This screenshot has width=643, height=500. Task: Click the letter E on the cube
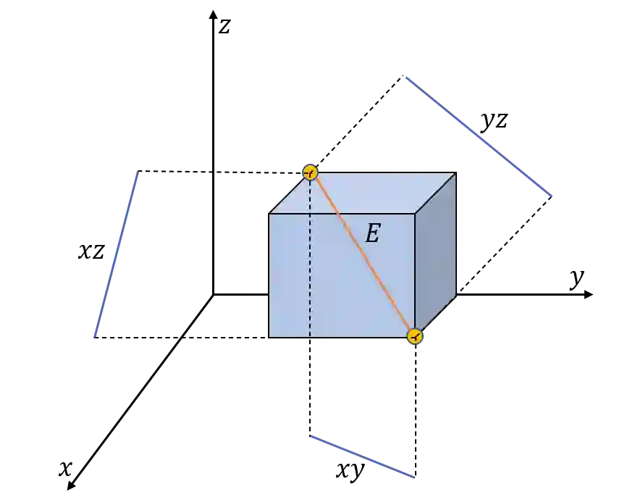coord(372,233)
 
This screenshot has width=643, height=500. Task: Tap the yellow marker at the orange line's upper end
coord(310,172)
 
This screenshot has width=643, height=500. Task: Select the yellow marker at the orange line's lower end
coord(414,336)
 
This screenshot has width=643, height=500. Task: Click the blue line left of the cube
coord(116,254)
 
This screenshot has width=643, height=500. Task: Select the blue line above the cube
coord(480,136)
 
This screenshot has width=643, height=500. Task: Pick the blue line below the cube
coord(362,457)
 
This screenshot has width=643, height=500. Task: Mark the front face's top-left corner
coord(269,214)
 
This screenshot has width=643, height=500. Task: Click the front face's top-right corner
coord(415,214)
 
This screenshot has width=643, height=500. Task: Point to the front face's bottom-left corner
coord(269,338)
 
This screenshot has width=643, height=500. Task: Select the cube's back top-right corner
coord(456,172)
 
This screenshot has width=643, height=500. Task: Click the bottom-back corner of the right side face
coord(456,296)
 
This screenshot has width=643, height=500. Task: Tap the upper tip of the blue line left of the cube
coord(136,170)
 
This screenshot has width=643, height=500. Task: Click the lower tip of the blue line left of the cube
coord(95,338)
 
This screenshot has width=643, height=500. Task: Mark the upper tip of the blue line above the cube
coord(407,77)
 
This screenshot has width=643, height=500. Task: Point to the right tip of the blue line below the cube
coord(416,478)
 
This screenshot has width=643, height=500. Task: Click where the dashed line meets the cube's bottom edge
coord(310,338)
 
